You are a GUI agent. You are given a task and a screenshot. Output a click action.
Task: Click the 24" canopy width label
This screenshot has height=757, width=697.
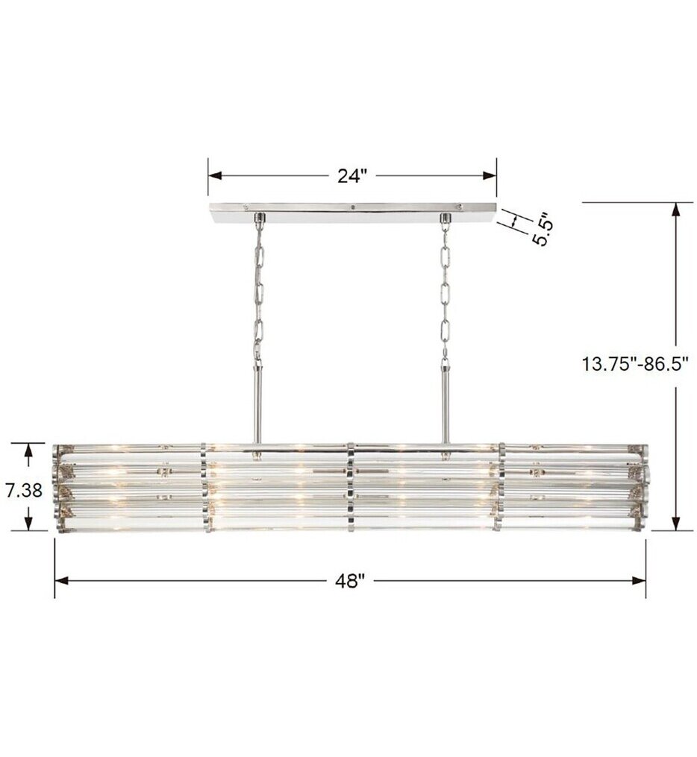point(352,176)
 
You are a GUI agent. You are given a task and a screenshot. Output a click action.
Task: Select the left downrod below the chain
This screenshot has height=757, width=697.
point(259,406)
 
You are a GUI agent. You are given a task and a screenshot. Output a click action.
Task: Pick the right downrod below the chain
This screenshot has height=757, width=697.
point(446,406)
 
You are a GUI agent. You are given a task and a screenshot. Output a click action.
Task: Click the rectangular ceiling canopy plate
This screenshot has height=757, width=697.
point(352,211)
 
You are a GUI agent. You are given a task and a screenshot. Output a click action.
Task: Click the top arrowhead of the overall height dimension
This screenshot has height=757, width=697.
point(676,209)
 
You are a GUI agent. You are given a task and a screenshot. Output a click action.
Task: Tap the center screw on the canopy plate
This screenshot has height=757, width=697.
point(352,207)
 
